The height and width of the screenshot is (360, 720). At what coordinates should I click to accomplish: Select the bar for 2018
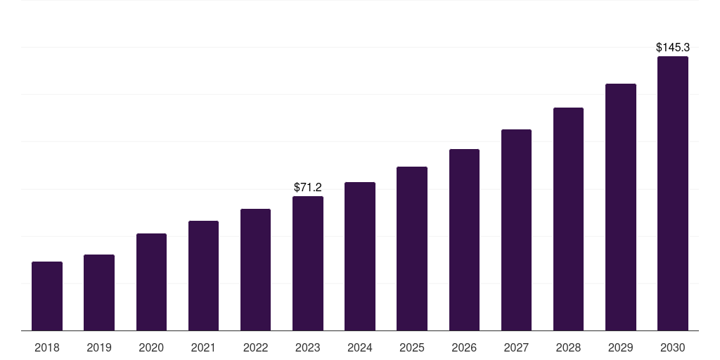click(x=47, y=296)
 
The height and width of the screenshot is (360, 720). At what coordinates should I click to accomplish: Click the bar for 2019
click(x=99, y=292)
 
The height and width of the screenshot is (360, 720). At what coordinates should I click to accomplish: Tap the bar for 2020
click(x=152, y=282)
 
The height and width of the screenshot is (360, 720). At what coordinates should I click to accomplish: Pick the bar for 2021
click(x=203, y=276)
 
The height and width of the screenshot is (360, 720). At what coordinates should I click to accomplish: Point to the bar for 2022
click(x=255, y=269)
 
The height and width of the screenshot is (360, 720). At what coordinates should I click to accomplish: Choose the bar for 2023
click(x=308, y=264)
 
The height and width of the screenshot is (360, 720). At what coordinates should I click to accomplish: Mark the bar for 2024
click(x=360, y=256)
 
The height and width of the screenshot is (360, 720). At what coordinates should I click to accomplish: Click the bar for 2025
click(x=412, y=248)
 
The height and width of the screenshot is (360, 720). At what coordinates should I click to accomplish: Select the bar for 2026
click(x=464, y=240)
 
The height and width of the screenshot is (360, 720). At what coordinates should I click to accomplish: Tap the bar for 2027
click(x=516, y=230)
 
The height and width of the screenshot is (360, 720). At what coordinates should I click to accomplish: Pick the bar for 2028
click(x=568, y=219)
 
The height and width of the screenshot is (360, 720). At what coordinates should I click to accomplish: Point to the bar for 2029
click(x=621, y=207)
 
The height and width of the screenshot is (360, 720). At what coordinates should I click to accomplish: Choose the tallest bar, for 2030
click(x=673, y=193)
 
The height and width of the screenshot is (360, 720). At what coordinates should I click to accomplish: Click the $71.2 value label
click(x=308, y=187)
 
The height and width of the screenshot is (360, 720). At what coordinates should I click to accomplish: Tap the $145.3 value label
click(x=673, y=47)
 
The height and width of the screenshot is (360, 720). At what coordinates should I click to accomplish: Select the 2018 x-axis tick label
click(x=47, y=348)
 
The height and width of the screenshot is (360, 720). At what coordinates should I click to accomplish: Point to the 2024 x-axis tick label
click(x=360, y=348)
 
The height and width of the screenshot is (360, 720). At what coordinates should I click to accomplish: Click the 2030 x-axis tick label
click(x=673, y=348)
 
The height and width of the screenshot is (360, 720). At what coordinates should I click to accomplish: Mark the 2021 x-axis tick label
click(x=203, y=348)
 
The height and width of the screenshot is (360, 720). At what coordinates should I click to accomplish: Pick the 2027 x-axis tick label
click(x=516, y=348)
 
